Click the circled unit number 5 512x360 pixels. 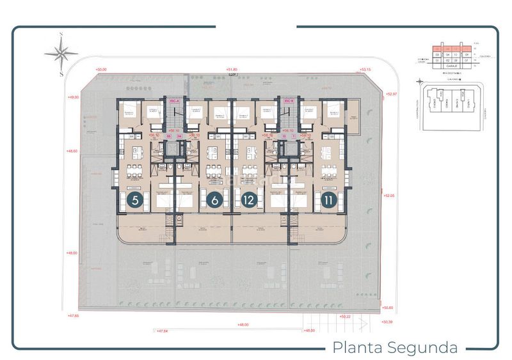coord(135,200)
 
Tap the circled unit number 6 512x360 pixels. coord(215,200)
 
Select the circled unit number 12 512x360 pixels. coord(249,200)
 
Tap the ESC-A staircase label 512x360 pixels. coord(173,101)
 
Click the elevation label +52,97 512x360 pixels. coord(392,94)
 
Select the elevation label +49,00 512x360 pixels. coord(72,97)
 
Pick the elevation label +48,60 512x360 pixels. coord(72,152)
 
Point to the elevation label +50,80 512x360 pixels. coord(387,308)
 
